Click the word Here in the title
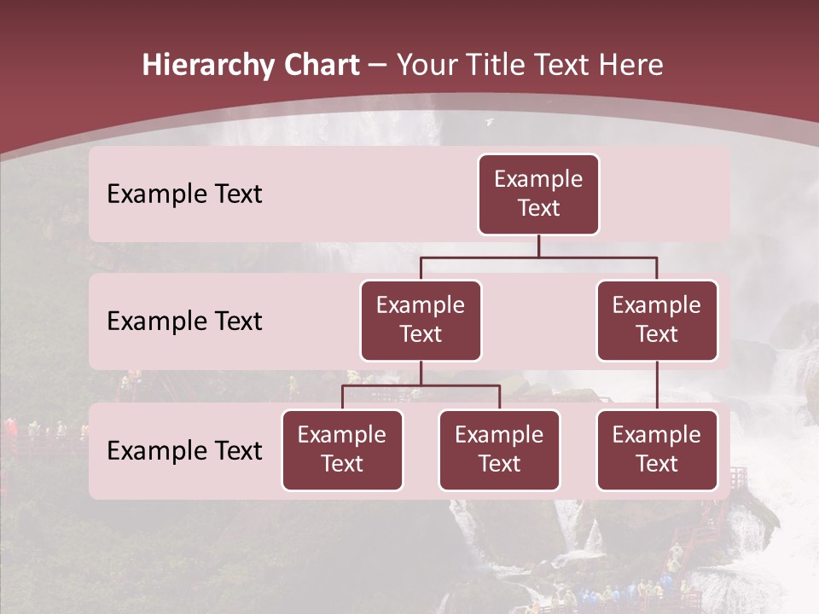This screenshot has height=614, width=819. click(x=630, y=66)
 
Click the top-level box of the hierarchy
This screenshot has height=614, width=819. click(x=538, y=194)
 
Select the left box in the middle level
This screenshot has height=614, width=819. click(x=421, y=321)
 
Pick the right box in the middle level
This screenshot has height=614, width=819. click(x=657, y=321)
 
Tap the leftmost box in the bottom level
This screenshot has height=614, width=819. click(x=342, y=450)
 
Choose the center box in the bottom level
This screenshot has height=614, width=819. click(x=499, y=450)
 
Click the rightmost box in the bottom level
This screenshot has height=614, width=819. click(x=657, y=450)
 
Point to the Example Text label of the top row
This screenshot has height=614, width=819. click(x=184, y=194)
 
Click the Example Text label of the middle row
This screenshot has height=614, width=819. click(x=184, y=321)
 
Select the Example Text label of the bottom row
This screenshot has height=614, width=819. click(x=184, y=450)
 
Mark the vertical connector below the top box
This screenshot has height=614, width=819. click(x=538, y=246)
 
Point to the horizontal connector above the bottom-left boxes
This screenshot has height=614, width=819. click(x=421, y=385)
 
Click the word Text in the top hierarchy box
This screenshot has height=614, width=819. click(x=538, y=208)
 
